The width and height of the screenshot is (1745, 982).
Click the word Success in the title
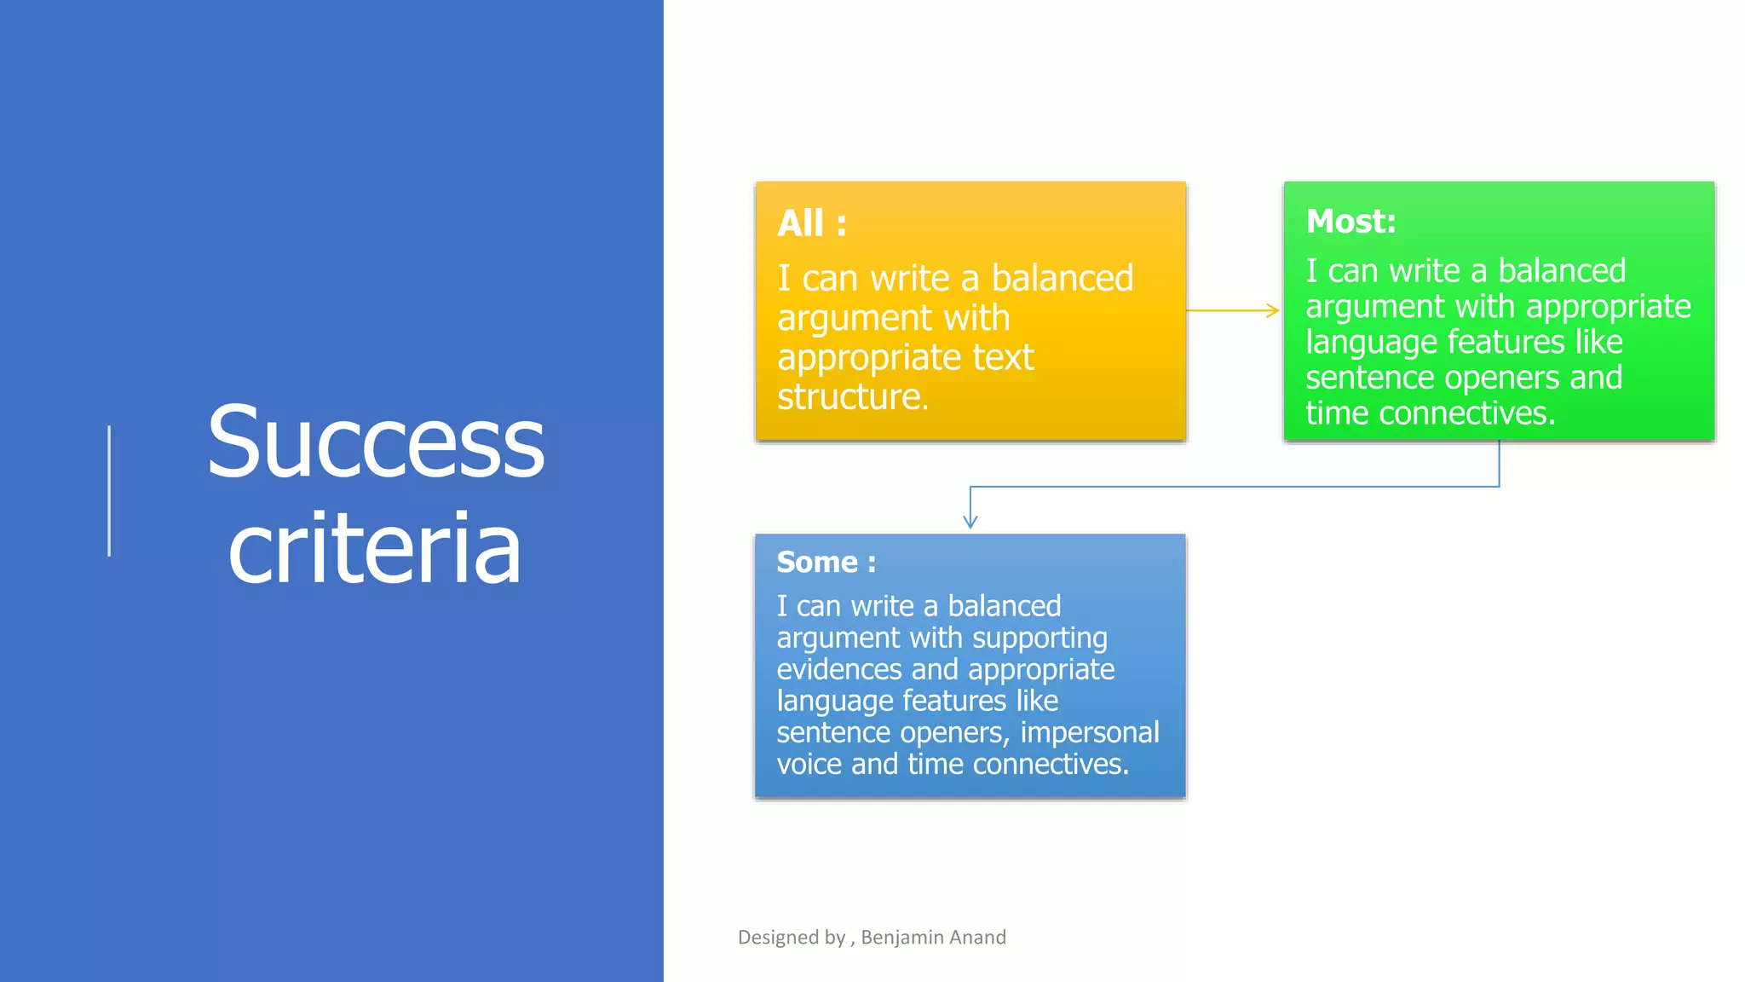click(375, 443)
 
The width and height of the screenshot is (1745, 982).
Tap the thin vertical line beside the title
click(109, 491)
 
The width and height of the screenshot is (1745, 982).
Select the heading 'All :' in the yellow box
click(811, 223)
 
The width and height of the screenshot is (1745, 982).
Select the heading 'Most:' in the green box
click(1351, 222)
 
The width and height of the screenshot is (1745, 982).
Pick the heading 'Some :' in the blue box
click(826, 563)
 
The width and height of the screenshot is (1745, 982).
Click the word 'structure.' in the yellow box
click(852, 397)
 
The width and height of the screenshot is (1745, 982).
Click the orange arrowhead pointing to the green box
click(1273, 310)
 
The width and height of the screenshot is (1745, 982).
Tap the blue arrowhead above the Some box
click(970, 521)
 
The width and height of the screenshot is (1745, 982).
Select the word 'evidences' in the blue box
click(838, 669)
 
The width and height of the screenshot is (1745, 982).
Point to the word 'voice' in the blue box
click(809, 764)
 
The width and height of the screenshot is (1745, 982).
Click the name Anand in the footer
click(977, 938)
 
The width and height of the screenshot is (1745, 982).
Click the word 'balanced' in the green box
click(1562, 271)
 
